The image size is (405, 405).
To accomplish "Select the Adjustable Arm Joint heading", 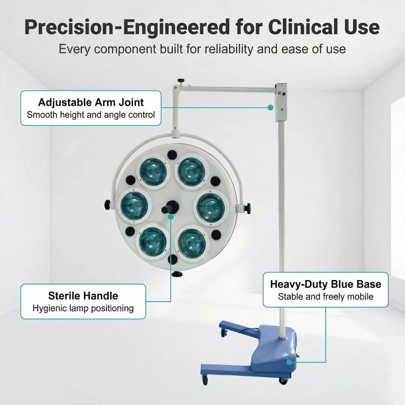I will coord(91,102).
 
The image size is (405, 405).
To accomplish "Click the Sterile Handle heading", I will coord(83,295).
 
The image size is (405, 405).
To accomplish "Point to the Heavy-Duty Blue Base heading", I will coord(325,284).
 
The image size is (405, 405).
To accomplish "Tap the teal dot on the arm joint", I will coord(270,108).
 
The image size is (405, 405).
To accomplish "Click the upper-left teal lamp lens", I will coord(153,172).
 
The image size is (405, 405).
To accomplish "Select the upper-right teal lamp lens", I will coord(191,172).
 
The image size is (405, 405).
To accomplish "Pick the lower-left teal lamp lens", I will coord(153,240).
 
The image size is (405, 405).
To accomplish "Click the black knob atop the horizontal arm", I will coord(181,81).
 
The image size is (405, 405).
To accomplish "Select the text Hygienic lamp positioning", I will coord(83,309).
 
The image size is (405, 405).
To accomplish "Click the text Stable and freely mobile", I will coord(325,297).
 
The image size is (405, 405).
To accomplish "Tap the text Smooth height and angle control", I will coord(91,114).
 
